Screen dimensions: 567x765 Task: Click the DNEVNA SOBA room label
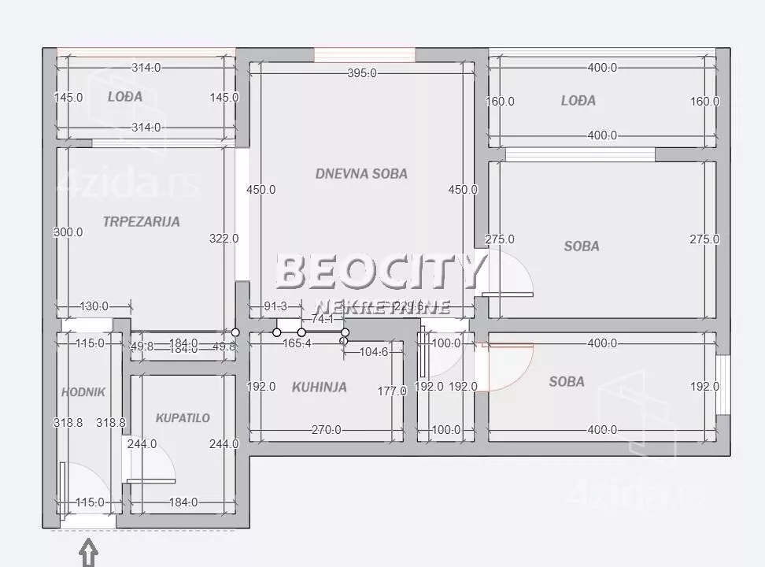point(361,173)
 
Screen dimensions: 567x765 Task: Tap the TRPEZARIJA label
point(141,221)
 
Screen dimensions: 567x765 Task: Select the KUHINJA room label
point(319,387)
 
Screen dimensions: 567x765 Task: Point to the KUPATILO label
point(182,417)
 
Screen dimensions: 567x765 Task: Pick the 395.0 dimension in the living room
point(361,73)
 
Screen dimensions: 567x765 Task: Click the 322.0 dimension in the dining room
point(224,238)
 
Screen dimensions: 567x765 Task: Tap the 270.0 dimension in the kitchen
point(326,430)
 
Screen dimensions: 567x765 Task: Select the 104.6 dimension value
point(373,351)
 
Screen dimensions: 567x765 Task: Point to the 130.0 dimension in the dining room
point(94,306)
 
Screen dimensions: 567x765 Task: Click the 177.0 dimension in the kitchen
point(391,391)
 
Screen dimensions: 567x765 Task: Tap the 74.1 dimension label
point(323,319)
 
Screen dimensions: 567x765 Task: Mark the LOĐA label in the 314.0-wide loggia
point(125,96)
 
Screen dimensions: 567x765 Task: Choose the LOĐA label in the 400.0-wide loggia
point(578,100)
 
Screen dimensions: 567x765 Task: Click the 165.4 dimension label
point(297,343)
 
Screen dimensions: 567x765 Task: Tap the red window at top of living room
point(364,54)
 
